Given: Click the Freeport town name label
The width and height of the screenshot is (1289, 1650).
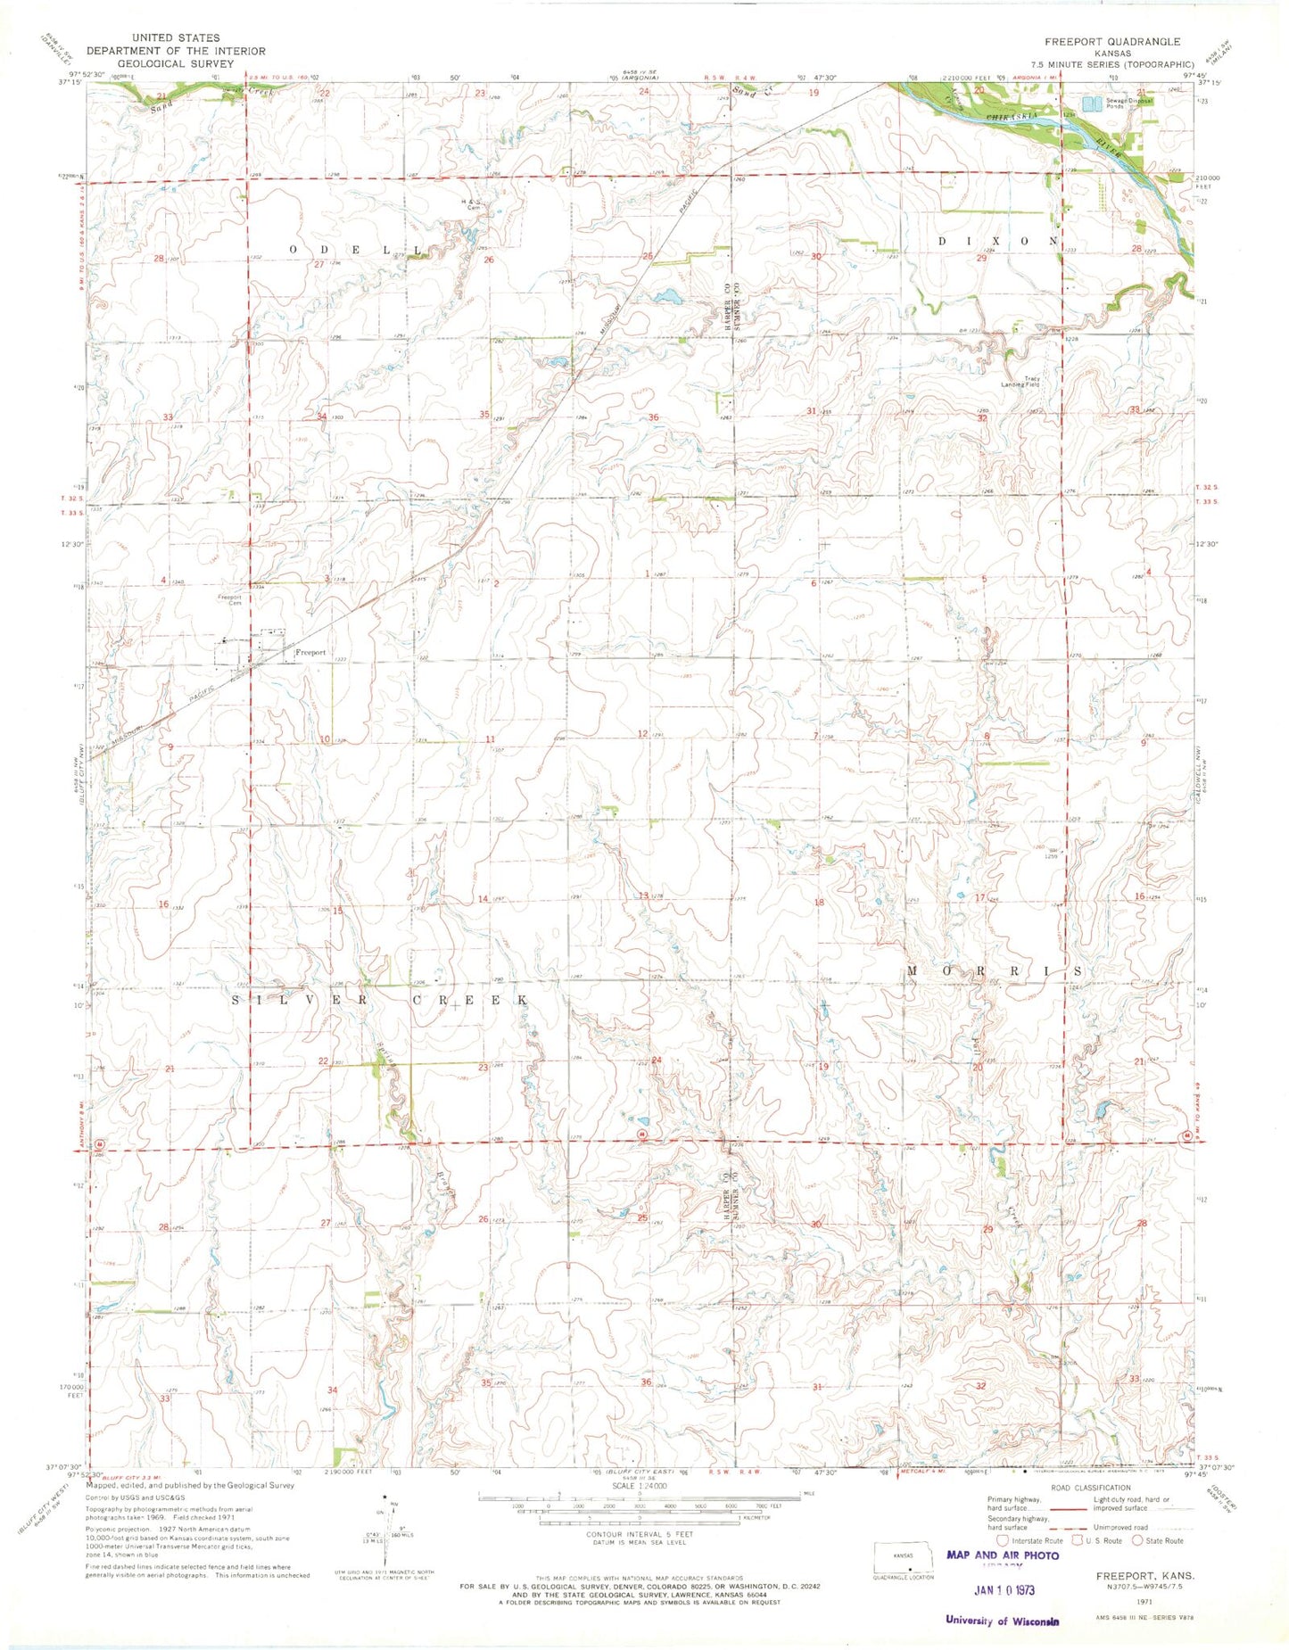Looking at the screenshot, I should (310, 652).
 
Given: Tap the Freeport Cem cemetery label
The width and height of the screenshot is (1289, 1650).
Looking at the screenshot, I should (230, 600).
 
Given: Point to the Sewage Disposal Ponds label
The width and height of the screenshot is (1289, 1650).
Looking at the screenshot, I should (1129, 103).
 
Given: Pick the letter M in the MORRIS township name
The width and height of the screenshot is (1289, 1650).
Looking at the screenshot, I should (913, 970).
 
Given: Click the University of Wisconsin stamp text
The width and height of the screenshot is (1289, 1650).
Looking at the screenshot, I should (1002, 1621).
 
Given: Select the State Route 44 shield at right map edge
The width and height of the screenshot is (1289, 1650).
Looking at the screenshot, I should (1187, 1134).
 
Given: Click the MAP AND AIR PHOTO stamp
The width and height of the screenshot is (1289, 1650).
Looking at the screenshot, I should (1002, 1555).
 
